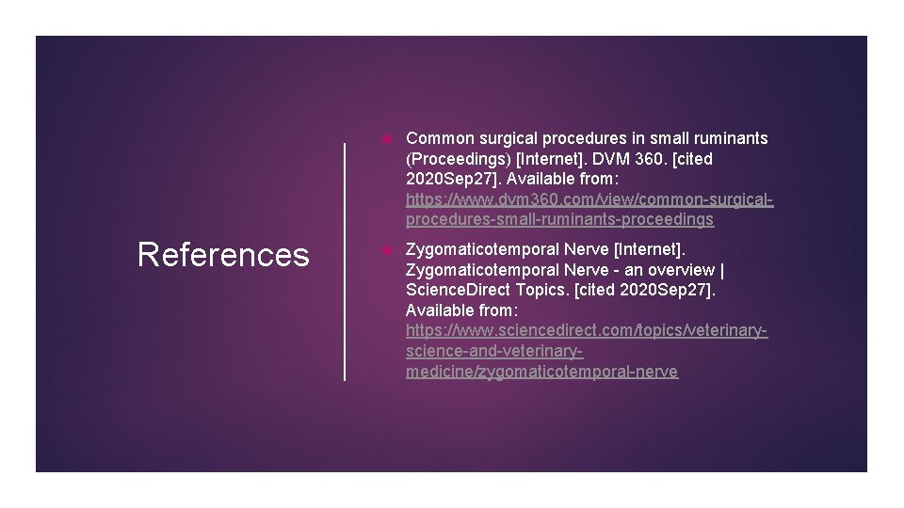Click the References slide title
223,255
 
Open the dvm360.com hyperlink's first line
589,200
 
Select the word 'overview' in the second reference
681,269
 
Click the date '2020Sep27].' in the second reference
668,290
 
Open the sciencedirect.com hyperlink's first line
587,331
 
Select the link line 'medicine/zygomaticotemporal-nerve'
541,373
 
